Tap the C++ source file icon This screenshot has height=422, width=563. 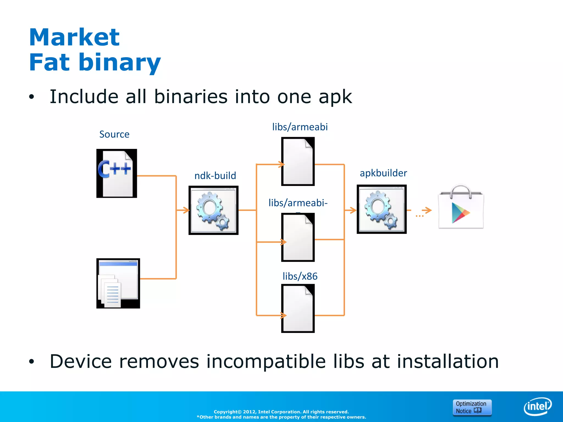117,173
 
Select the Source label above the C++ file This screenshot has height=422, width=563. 114,134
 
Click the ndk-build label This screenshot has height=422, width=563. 215,176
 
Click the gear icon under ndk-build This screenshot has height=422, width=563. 213,210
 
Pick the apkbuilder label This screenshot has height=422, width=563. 383,173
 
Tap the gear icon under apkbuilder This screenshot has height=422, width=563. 382,209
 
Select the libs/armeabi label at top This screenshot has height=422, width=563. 300,127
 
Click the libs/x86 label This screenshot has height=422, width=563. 300,276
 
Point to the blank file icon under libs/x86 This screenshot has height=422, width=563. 298,308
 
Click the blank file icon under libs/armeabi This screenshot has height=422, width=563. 298,162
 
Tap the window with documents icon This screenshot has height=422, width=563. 118,283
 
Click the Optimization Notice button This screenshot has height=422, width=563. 472,407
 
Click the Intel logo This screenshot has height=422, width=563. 537,406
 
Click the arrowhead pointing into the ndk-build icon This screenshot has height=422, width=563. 187,210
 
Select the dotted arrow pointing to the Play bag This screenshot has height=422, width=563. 424,212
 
